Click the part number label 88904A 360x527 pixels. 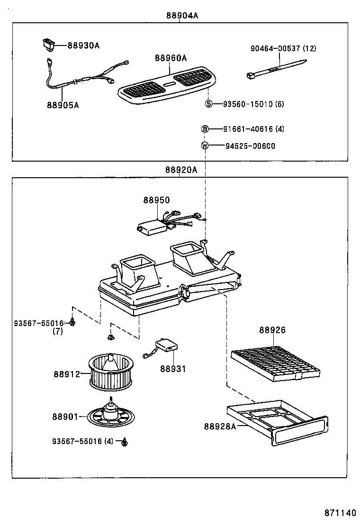(182, 15)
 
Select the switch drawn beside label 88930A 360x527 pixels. (48, 45)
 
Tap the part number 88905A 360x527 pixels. (63, 105)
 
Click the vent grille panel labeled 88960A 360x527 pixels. (165, 85)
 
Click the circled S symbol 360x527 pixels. (208, 104)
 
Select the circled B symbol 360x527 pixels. (205, 129)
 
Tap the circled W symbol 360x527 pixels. (205, 146)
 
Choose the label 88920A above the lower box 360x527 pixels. (181, 170)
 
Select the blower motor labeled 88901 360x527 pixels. (111, 416)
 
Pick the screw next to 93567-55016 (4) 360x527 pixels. (125, 442)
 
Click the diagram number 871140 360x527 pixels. (339, 513)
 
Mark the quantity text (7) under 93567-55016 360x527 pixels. (57, 331)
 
